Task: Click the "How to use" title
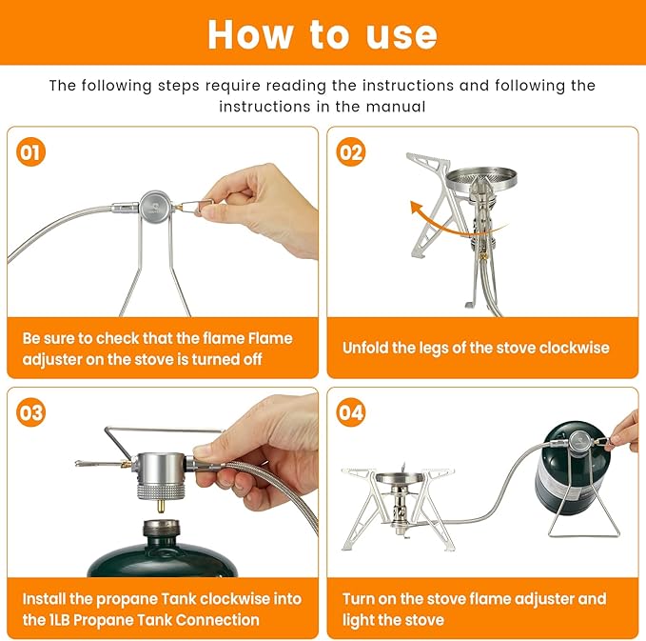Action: click(x=323, y=34)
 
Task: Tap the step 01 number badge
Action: click(x=31, y=152)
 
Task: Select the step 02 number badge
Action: click(x=352, y=152)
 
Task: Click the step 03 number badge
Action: click(x=31, y=412)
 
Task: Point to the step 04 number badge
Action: click(x=352, y=412)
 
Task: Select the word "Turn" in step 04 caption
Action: click(x=361, y=599)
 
